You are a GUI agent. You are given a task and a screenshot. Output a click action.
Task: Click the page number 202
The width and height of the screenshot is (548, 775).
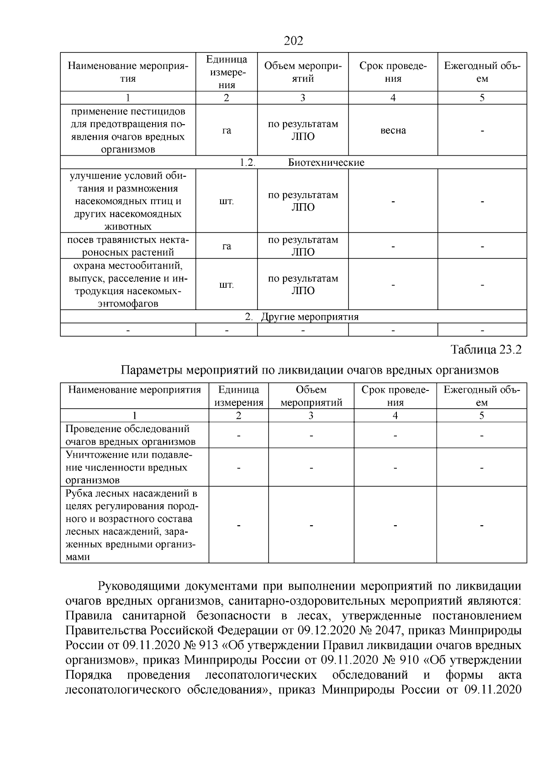[x=294, y=41]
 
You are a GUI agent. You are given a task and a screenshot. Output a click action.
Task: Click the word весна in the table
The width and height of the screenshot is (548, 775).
[x=393, y=131]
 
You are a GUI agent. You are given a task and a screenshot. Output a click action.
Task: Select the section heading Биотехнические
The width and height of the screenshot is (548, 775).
[x=326, y=163]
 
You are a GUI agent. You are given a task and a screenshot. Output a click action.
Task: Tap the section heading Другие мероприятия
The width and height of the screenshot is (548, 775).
[x=309, y=317]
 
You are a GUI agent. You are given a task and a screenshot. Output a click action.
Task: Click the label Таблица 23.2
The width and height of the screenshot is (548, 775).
[x=485, y=350]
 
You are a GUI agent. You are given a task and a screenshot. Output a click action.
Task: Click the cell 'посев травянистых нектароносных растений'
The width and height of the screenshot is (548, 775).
[x=128, y=246]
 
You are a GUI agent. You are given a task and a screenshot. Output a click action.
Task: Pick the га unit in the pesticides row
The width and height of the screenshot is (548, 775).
[x=227, y=131]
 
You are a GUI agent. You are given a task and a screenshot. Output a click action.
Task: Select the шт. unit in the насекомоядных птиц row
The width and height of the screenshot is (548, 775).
[x=227, y=201]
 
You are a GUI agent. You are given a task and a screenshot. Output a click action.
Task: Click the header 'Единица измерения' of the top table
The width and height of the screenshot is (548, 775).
[x=227, y=72]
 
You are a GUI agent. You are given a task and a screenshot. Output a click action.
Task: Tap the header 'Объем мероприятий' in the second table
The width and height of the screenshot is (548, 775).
[x=311, y=396]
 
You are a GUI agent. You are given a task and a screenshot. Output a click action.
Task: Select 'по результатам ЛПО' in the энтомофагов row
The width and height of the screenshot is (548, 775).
[x=303, y=285]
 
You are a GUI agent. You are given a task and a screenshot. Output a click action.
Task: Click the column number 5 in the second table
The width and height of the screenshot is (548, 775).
[x=481, y=416]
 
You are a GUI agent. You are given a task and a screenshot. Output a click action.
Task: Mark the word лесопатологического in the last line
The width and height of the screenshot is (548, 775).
[x=123, y=690]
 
